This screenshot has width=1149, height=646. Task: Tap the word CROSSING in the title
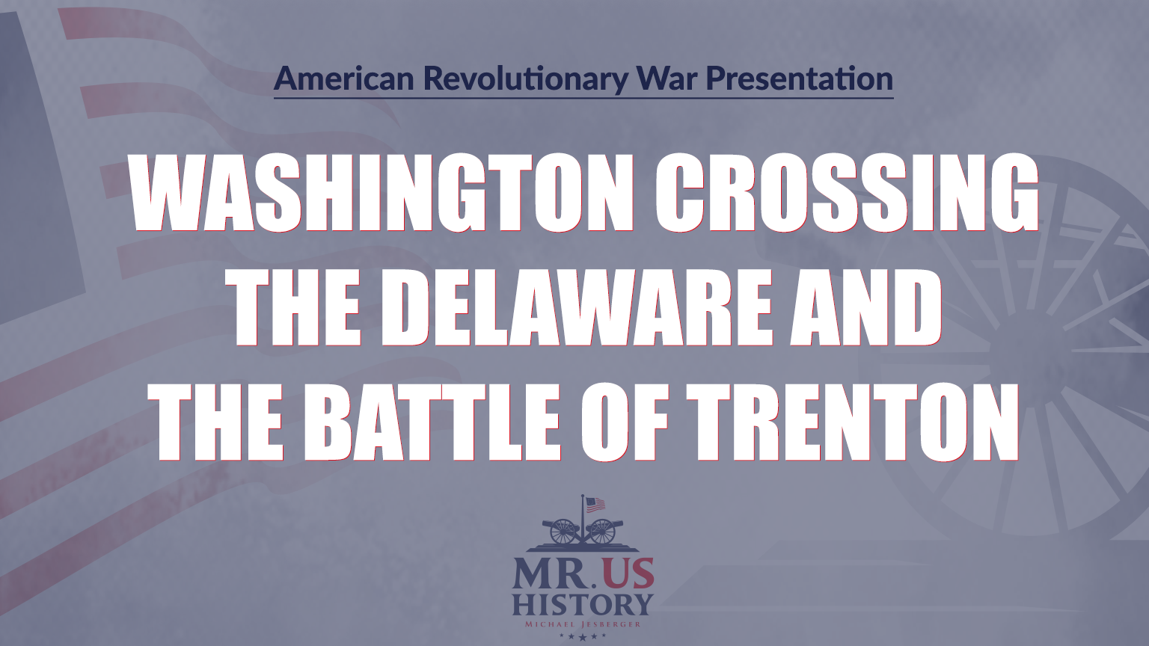(849, 193)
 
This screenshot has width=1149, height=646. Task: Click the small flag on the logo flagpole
(595, 505)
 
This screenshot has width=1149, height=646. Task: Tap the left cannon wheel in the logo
(563, 532)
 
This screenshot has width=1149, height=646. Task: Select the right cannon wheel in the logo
(602, 532)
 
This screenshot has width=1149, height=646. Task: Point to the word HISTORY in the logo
(583, 604)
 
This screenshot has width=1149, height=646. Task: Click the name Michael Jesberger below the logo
(583, 624)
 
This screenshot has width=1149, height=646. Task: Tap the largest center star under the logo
(583, 637)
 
